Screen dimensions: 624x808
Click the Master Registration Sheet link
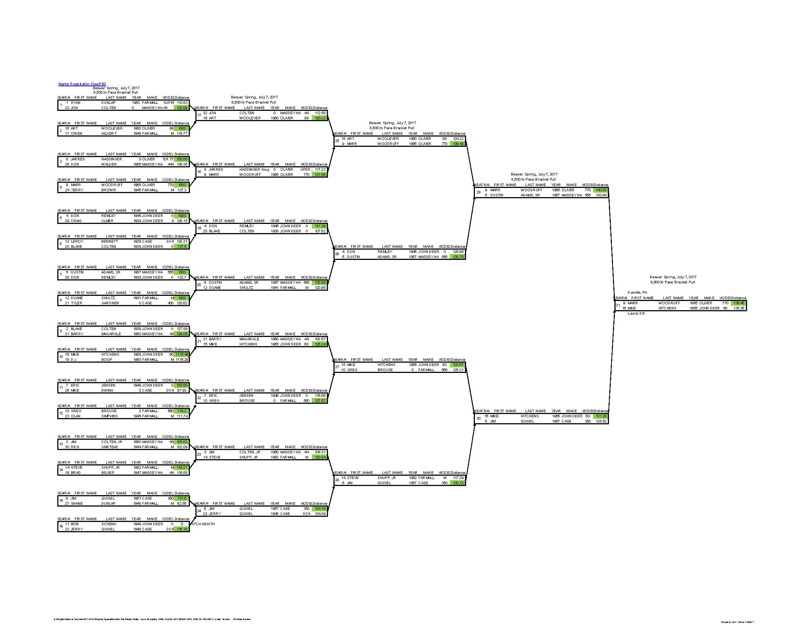point(82,84)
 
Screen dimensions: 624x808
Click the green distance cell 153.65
point(181,159)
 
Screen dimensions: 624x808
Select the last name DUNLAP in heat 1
point(108,103)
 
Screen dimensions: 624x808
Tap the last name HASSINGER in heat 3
point(111,159)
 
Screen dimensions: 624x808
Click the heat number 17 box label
point(199,115)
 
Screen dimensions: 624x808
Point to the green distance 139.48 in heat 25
point(458,144)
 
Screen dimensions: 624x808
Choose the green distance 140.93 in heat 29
point(601,190)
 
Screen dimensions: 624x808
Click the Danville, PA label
point(637,293)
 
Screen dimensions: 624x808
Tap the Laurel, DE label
point(636,313)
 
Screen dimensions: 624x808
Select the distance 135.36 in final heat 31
point(739,308)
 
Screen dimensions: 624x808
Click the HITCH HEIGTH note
point(203,524)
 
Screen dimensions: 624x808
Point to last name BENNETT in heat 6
point(110,242)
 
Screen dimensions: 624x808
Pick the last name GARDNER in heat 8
point(110,303)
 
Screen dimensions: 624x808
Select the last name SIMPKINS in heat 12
point(109,416)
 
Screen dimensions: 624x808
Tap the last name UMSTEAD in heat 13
point(110,447)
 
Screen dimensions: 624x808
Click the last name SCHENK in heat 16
point(109,524)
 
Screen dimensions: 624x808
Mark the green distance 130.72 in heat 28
point(458,483)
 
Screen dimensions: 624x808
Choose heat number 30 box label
point(478,418)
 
